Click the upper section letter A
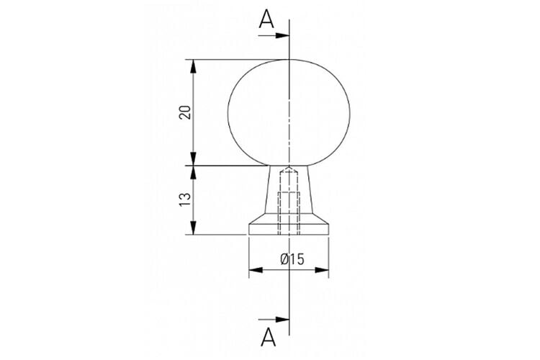tap(266, 19)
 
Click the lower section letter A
tap(269, 337)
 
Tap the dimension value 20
tap(185, 112)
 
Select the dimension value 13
tap(185, 200)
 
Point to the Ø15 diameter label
tap(292, 259)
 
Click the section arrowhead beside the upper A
tap(282, 35)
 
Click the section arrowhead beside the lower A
tap(282, 320)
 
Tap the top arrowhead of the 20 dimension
tap(193, 66)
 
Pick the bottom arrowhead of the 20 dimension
tap(193, 158)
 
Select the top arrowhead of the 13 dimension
tap(193, 173)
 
